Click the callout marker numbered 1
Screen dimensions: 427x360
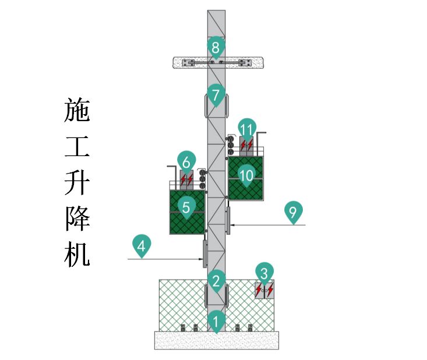(216, 320)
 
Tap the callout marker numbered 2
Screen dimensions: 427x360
(216, 281)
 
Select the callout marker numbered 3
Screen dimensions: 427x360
(264, 273)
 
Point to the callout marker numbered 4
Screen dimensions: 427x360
(141, 246)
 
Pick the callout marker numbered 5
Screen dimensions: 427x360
(186, 207)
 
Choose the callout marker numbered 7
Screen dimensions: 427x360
(216, 95)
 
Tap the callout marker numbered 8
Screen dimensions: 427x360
(216, 47)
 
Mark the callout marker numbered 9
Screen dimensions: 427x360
(292, 211)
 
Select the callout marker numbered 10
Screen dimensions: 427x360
(246, 174)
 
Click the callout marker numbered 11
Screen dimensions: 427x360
(247, 129)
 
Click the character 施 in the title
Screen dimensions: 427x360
(77, 110)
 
